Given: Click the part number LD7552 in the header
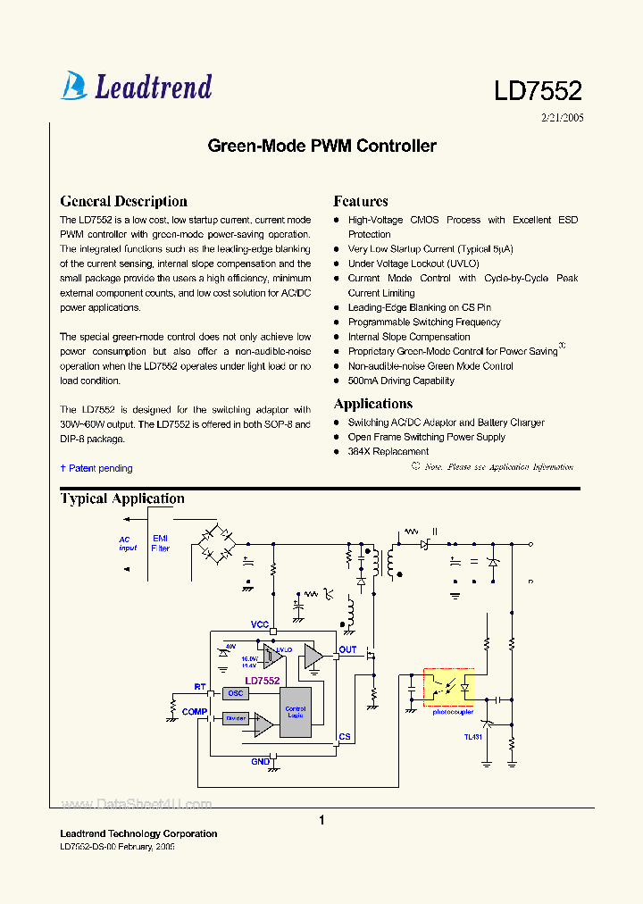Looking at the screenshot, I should [538, 90].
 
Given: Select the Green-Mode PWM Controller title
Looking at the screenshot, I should [321, 146].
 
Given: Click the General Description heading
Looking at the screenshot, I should [123, 201].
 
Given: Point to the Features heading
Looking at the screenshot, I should [360, 201].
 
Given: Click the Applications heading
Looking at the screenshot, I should [372, 404].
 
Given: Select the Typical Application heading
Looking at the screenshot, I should [122, 498].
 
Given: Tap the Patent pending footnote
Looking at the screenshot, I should [96, 468].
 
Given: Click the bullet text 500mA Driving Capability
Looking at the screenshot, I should [401, 381].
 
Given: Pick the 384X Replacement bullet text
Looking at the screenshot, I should [388, 451].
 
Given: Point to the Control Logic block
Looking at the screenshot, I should [295, 712].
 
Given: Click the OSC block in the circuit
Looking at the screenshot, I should [236, 693].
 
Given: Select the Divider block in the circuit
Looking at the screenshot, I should [236, 717].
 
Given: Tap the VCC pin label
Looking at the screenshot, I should [260, 624].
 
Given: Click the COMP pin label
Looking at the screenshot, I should [194, 712].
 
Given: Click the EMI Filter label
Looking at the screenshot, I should [161, 543].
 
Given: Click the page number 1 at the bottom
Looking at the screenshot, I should [321, 820].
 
